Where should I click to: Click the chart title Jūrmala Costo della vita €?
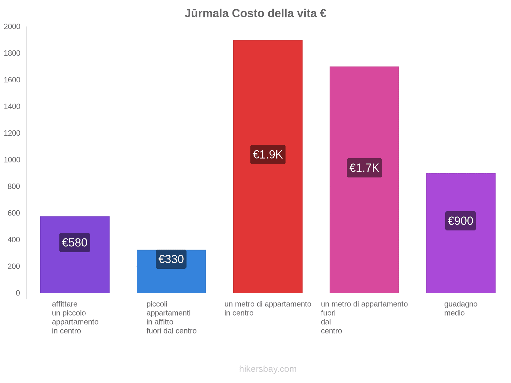pyautogui.click(x=255, y=13)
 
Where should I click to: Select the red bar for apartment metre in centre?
pyautogui.click(x=268, y=96)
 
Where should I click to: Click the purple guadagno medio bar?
pyautogui.click(x=461, y=255)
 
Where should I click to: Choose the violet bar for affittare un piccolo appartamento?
pyautogui.click(x=75, y=271)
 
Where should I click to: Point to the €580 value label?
pyautogui.click(x=75, y=243)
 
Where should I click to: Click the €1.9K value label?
pyautogui.click(x=268, y=154)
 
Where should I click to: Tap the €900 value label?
pyautogui.click(x=461, y=221)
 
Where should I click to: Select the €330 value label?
pyautogui.click(x=171, y=259)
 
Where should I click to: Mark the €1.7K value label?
pyautogui.click(x=364, y=168)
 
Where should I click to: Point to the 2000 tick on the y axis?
pyautogui.click(x=12, y=26)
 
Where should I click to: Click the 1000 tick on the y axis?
pyautogui.click(x=12, y=160)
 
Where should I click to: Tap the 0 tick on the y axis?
pyautogui.click(x=18, y=293)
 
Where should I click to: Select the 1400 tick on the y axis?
pyautogui.click(x=12, y=107)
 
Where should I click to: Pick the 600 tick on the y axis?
pyautogui.click(x=14, y=213)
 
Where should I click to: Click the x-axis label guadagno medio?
pyautogui.click(x=461, y=309)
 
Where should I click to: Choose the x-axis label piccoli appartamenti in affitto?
pyautogui.click(x=171, y=318)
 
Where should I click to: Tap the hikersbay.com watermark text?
pyautogui.click(x=268, y=369)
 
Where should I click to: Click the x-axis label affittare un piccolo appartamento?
pyautogui.click(x=75, y=318)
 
